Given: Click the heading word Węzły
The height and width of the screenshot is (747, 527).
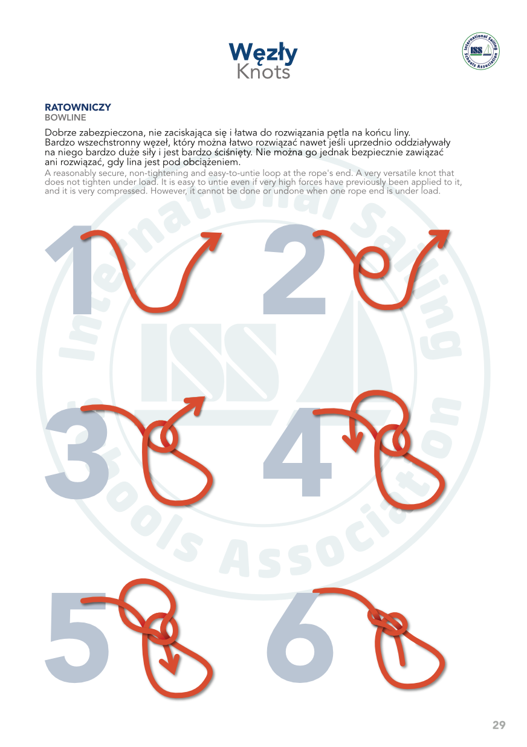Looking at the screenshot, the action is coord(263,53).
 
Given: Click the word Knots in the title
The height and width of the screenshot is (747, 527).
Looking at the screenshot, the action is coord(263,72).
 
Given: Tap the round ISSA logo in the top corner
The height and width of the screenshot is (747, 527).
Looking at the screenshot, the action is coord(480,51).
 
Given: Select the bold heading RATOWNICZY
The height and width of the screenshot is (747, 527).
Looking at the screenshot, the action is coord(78,108).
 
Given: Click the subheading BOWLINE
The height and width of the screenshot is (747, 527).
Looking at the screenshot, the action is coord(65,118).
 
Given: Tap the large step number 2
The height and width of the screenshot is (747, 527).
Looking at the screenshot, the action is coord(294,270).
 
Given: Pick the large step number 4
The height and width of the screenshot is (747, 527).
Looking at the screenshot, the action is coord(297,452).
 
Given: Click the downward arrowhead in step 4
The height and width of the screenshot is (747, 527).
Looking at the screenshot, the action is coord(354,442).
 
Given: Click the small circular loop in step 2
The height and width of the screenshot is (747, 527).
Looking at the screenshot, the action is coord(373,264).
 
